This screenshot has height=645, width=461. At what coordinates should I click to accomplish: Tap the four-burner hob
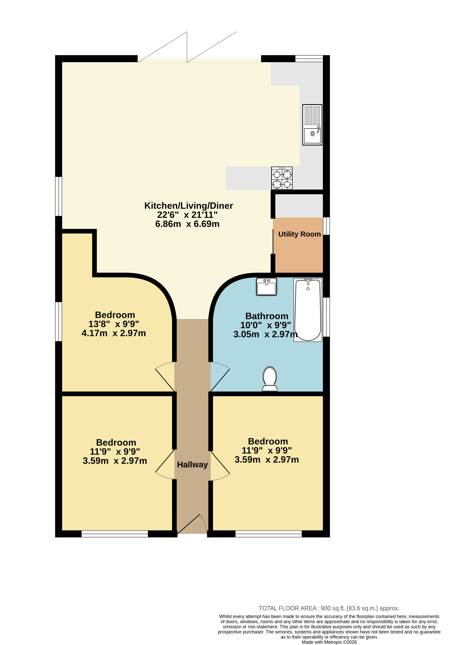pos(282,178)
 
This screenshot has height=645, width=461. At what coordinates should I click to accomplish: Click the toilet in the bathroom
pos(270,379)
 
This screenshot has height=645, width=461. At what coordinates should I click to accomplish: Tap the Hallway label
pos(193,465)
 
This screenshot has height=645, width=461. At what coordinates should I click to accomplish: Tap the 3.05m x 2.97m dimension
pos(265,334)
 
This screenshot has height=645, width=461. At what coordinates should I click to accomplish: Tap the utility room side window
pos(326,226)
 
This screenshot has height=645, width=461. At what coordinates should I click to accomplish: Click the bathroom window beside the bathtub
pos(326,317)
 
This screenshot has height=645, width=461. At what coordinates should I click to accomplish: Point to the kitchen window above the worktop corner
pos(309,58)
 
